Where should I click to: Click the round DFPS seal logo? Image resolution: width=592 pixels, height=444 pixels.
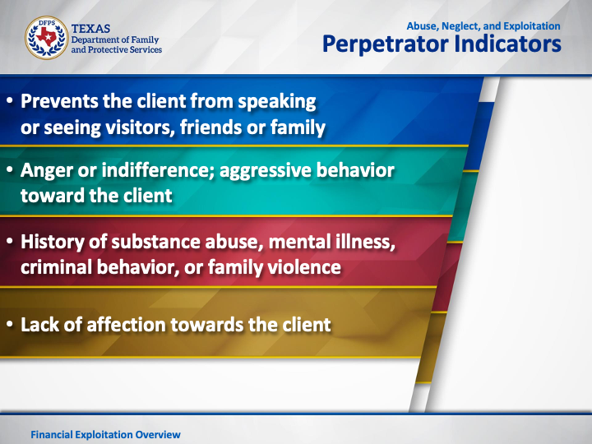(47, 38)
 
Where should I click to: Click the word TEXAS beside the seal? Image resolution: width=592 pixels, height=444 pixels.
(90, 29)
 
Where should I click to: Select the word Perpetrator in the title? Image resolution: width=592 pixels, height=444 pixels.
(386, 44)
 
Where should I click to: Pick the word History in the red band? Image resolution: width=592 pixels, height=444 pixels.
(53, 242)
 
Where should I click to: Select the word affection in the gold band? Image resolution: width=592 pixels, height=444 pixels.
(126, 325)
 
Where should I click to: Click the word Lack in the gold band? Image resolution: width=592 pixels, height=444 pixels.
(39, 325)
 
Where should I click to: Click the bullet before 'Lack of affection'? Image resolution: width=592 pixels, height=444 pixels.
(10, 325)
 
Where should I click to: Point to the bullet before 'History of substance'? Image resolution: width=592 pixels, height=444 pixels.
(10, 242)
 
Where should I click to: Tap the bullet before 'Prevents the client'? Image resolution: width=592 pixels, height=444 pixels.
(10, 101)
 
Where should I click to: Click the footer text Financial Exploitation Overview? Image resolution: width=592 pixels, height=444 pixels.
(106, 435)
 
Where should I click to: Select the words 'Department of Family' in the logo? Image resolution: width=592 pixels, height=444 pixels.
(115, 39)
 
